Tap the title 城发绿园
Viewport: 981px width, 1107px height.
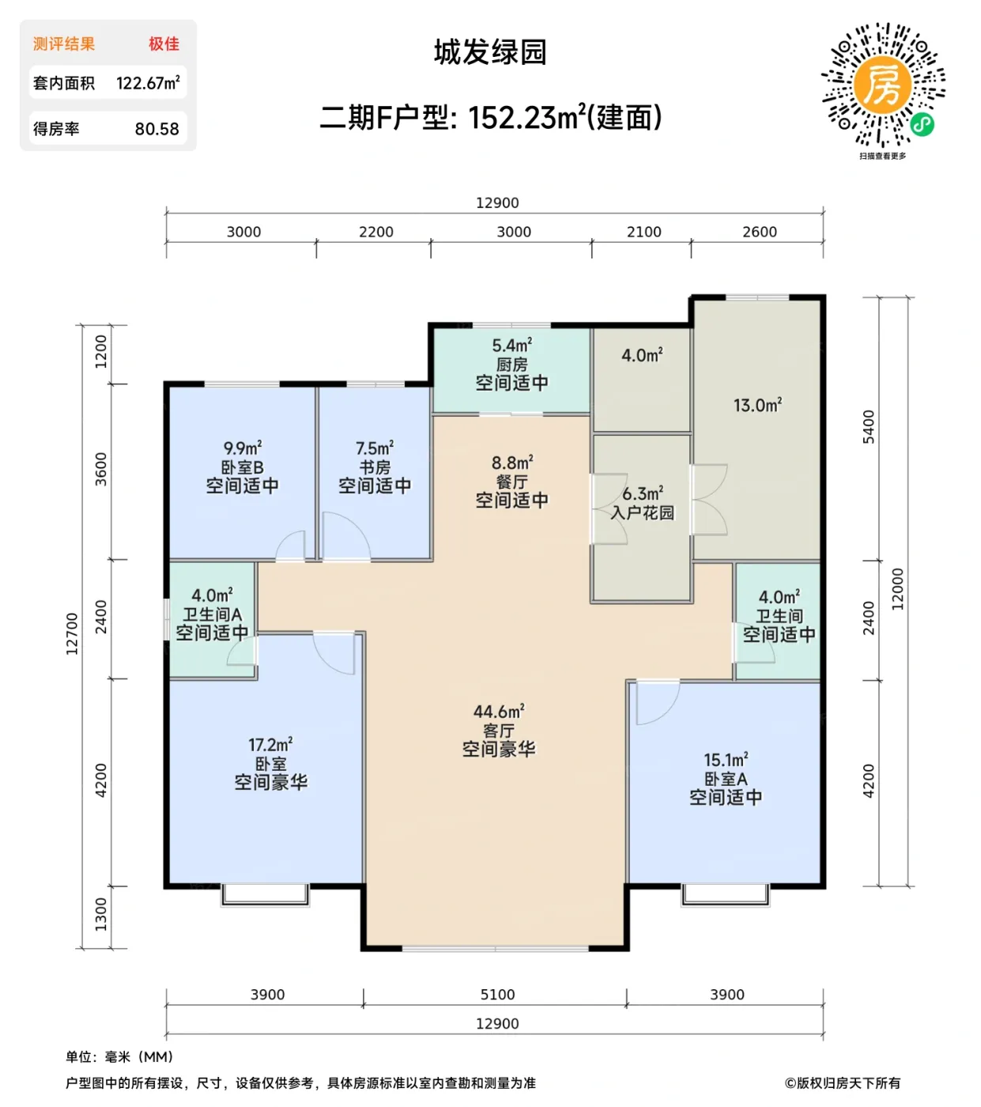pyautogui.click(x=490, y=52)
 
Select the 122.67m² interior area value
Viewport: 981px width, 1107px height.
pyautogui.click(x=148, y=83)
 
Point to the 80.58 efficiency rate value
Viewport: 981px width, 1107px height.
pyautogui.click(x=157, y=129)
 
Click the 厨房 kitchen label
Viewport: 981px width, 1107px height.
pyautogui.click(x=511, y=365)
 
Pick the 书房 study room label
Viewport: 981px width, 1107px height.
pyautogui.click(x=375, y=467)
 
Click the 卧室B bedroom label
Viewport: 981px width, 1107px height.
pyautogui.click(x=242, y=467)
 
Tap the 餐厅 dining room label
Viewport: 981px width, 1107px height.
pyautogui.click(x=511, y=482)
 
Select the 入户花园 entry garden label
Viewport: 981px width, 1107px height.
pyautogui.click(x=642, y=512)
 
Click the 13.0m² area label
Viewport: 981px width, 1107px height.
pyautogui.click(x=757, y=406)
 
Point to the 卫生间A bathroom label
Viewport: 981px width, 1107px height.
pyautogui.click(x=212, y=614)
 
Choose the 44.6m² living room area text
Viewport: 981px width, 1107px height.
pyautogui.click(x=499, y=712)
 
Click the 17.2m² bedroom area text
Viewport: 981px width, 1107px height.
pyautogui.click(x=270, y=745)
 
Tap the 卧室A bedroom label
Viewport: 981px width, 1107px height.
pyautogui.click(x=726, y=779)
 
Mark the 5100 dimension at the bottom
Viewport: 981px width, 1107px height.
pyautogui.click(x=497, y=995)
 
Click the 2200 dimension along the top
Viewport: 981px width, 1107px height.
pyautogui.click(x=375, y=232)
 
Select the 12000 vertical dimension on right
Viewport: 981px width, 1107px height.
pyautogui.click(x=897, y=589)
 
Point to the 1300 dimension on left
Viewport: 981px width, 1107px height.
pyautogui.click(x=100, y=914)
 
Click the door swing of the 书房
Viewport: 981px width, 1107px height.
pyautogui.click(x=345, y=538)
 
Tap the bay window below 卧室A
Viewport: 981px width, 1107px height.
pyautogui.click(x=725, y=894)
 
